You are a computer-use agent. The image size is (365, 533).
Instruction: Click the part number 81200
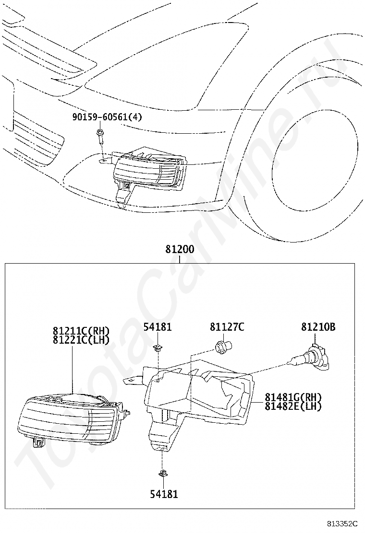tap(180, 250)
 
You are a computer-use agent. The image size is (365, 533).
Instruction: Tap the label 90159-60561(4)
tap(108, 117)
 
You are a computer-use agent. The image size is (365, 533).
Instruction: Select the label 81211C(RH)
tap(81, 331)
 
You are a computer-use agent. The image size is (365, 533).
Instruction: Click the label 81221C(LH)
tap(81, 340)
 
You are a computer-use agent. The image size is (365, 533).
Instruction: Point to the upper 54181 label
tap(158, 327)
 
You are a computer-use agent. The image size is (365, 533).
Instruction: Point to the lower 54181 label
tap(164, 493)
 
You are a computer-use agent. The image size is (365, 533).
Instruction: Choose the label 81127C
tap(227, 327)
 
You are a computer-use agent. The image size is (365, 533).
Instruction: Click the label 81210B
tap(318, 327)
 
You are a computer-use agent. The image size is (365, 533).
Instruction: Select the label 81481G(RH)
tap(293, 397)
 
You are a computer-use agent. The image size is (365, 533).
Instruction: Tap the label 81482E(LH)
tap(293, 406)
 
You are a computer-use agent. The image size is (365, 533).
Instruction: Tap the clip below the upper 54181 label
tap(157, 348)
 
